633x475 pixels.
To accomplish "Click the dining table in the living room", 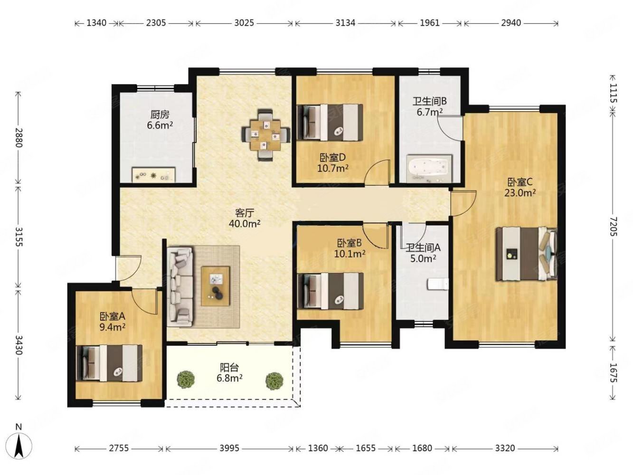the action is [265, 135].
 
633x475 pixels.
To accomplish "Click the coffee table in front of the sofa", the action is [216, 286].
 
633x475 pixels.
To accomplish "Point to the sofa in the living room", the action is [180, 286].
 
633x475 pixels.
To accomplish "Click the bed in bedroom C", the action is [526, 254].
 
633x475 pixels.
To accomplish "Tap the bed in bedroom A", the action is [109, 363].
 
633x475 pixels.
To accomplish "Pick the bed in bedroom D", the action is [330, 123].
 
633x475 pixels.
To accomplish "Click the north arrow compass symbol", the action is [19, 446].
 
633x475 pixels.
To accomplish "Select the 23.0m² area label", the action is [520, 193].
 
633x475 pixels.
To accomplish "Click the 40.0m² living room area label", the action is [245, 223].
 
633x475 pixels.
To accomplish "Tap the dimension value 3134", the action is [345, 23].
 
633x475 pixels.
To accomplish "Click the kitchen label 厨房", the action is [160, 115].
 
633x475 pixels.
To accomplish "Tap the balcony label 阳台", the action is [229, 368].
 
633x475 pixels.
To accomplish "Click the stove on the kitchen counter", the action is [154, 174].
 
